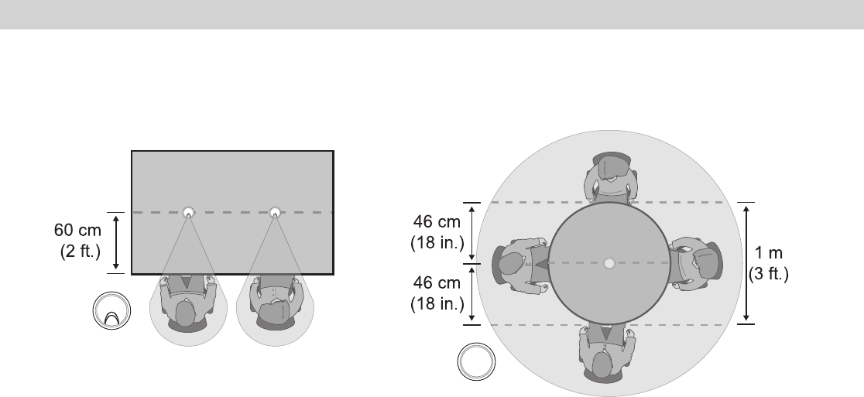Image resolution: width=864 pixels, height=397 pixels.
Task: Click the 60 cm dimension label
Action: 77,230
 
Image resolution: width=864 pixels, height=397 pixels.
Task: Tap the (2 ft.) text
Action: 81,251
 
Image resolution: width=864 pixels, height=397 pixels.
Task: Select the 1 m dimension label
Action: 768,253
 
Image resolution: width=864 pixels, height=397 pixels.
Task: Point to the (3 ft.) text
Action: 769,274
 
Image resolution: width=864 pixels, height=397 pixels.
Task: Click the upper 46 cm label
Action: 437,222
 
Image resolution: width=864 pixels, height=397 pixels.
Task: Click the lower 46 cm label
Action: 437,282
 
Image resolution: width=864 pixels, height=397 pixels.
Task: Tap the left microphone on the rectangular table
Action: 188,212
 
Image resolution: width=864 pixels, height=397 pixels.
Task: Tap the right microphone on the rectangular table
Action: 275,212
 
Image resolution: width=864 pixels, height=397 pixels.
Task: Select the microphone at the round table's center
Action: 609,263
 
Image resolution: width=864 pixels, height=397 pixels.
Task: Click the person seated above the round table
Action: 611,177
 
